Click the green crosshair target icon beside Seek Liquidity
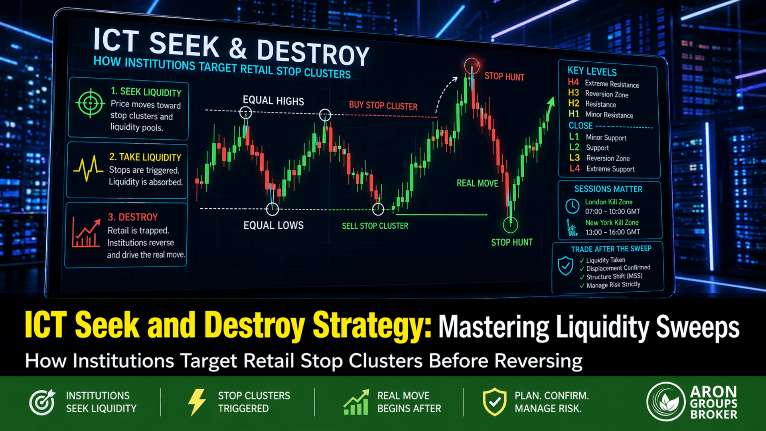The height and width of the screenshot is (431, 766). pyautogui.click(x=91, y=103)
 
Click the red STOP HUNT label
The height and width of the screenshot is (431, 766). pyautogui.click(x=504, y=77)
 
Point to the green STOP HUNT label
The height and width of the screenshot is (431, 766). pyautogui.click(x=511, y=242)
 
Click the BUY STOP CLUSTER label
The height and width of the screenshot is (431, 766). pyautogui.click(x=383, y=105)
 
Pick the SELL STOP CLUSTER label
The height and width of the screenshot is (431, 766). pyautogui.click(x=375, y=226)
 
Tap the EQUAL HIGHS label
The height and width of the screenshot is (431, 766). pyautogui.click(x=273, y=101)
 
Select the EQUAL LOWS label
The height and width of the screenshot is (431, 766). pyautogui.click(x=273, y=225)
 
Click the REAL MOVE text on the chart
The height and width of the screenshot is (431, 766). pyautogui.click(x=477, y=183)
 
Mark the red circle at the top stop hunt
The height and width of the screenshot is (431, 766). pyautogui.click(x=472, y=65)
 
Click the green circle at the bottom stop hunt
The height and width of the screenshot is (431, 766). pyautogui.click(x=510, y=225)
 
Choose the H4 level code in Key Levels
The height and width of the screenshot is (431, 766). pyautogui.click(x=573, y=82)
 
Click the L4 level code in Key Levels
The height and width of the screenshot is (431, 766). pyautogui.click(x=574, y=168)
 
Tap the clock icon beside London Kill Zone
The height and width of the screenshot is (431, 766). pyautogui.click(x=573, y=206)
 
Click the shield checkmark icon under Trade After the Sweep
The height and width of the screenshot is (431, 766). pyautogui.click(x=565, y=266)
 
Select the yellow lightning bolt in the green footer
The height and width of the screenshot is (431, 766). pyautogui.click(x=197, y=402)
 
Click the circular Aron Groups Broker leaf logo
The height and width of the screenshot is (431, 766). pyautogui.click(x=666, y=402)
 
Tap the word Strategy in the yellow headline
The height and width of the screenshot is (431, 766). pyautogui.click(x=371, y=326)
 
